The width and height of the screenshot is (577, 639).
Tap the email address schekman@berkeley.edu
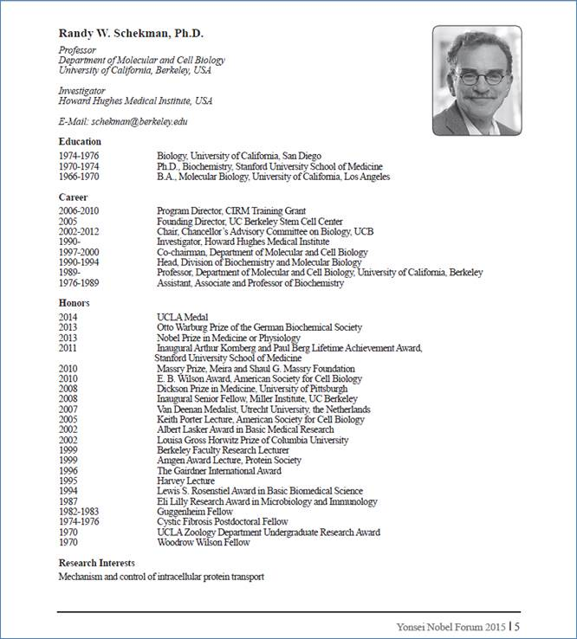point(138,122)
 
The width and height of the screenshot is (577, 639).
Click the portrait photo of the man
point(477,81)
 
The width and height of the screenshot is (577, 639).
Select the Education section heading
point(80,141)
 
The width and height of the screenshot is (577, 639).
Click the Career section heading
point(73,197)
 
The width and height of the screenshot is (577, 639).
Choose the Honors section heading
point(74,303)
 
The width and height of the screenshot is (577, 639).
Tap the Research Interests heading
point(96,563)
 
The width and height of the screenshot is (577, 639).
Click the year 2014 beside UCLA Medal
point(68,318)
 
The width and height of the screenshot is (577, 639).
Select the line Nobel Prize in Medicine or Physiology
point(229,338)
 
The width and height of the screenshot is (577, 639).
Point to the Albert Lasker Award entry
point(245,429)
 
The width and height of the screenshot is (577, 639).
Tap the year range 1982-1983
point(80,512)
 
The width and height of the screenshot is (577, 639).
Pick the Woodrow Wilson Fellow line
point(203,542)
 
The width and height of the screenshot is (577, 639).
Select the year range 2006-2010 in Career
point(80,210)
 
